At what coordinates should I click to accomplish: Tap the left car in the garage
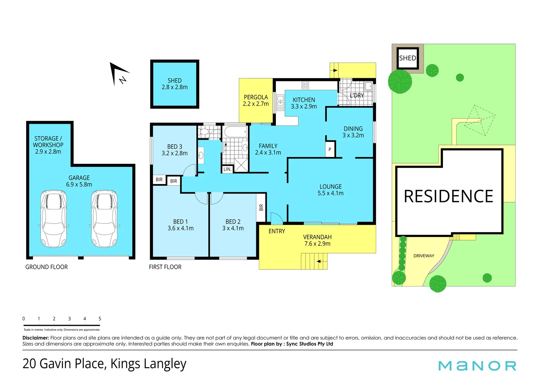(x=53, y=219)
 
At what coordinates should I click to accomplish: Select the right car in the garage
(x=104, y=219)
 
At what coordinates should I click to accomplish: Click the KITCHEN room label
(x=304, y=100)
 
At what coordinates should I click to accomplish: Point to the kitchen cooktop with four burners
(x=305, y=85)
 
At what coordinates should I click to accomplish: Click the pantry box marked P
(x=330, y=149)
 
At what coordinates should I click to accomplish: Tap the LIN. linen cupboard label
(x=227, y=169)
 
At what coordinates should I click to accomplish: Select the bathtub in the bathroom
(x=236, y=132)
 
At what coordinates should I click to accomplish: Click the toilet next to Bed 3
(x=204, y=132)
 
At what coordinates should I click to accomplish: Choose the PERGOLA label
(x=256, y=97)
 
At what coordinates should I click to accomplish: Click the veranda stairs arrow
(x=319, y=261)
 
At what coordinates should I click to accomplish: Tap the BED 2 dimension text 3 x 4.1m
(x=233, y=228)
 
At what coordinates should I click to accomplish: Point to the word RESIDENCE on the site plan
(x=448, y=196)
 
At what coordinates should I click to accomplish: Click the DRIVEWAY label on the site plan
(x=424, y=256)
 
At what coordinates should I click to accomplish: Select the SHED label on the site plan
(x=407, y=58)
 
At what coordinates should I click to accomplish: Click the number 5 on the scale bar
(x=100, y=319)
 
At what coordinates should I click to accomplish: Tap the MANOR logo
(x=477, y=366)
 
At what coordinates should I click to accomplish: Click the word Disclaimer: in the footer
(x=36, y=338)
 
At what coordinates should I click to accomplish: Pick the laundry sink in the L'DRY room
(x=368, y=86)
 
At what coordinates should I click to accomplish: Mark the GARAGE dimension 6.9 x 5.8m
(x=79, y=184)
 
